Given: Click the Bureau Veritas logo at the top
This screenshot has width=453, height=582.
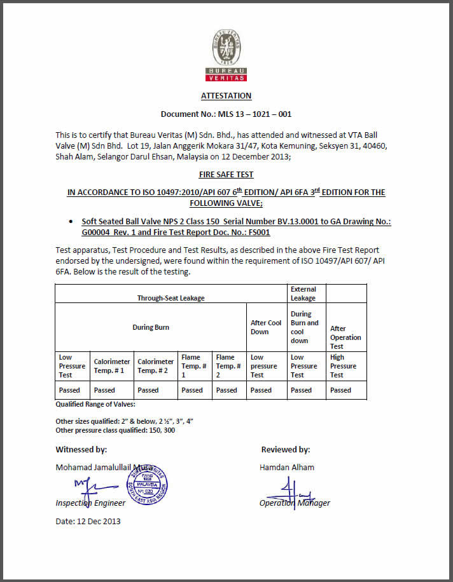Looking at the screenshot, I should point(226,56).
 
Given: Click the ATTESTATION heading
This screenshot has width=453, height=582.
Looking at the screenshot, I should point(226,96).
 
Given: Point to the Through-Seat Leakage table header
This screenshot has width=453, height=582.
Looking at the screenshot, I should point(171,297).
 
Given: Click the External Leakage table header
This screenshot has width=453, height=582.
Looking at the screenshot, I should point(303,293).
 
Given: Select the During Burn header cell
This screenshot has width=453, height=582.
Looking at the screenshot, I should point(151,327).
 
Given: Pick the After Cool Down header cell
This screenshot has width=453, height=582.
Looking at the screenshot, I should point(266,327).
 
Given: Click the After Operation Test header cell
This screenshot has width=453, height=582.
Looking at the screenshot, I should point(345,337).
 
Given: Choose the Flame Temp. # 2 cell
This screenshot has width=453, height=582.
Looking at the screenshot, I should point(228,366).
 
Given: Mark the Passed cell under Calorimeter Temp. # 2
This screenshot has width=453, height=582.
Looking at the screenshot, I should point(148,390).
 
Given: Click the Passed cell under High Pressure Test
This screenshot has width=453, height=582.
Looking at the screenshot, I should point(340,390).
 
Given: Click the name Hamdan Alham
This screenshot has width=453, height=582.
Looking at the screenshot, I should point(287,467).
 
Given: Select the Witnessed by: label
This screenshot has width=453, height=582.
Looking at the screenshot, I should point(81,449).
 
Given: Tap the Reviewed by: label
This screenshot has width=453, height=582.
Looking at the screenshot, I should point(286,449).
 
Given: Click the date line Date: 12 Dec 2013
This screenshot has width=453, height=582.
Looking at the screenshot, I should point(88,522).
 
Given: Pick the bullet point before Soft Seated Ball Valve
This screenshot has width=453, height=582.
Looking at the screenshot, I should point(69,222).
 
